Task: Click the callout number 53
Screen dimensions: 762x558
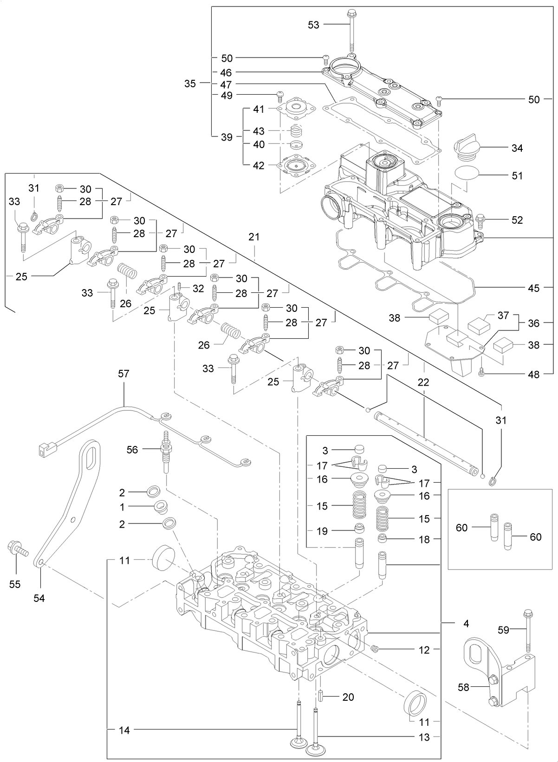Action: coord(314,25)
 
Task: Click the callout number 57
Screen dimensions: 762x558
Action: coord(124,374)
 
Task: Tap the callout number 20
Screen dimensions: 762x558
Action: coord(348,697)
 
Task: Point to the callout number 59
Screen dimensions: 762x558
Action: coord(503,630)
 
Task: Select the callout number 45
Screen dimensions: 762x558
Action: coord(534,288)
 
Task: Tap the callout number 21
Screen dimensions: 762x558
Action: coord(254,237)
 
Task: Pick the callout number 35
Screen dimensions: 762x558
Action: coord(190,84)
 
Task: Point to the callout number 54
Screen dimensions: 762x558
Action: coord(39,599)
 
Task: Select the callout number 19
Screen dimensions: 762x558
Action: coord(322,531)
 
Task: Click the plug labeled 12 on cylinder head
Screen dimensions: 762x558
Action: coord(376,648)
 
